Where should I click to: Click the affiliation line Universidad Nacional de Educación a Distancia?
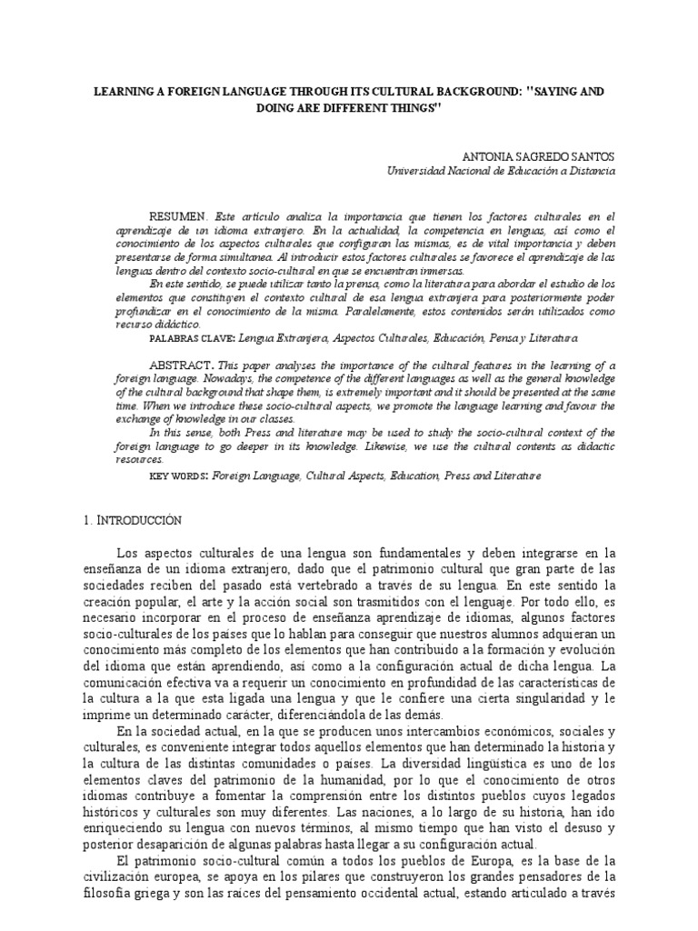click(x=501, y=170)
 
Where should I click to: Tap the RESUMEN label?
click(x=178, y=218)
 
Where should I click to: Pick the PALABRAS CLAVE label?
click(x=190, y=338)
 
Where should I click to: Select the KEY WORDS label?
click(x=178, y=476)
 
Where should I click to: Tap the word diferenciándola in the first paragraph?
click(x=333, y=716)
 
